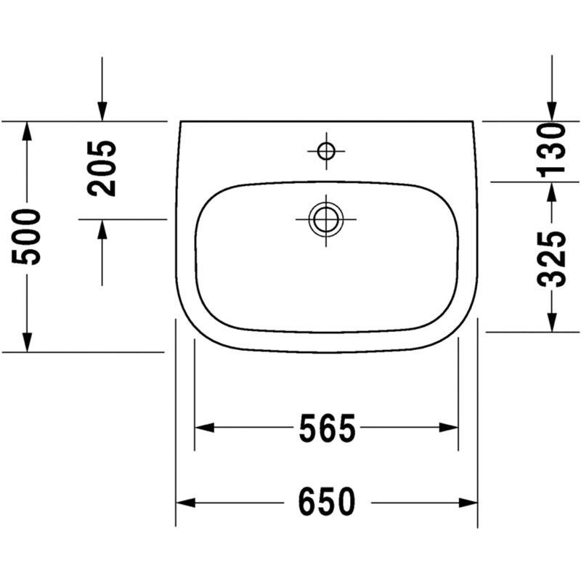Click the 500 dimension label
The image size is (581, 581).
(26, 237)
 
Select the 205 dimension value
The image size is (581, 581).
(102, 168)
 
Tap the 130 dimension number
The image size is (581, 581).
(552, 150)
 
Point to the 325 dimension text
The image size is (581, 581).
(552, 259)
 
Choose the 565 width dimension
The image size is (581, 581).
(328, 428)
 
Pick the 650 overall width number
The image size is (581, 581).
(327, 502)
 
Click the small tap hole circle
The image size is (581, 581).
(326, 151)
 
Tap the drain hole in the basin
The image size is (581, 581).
(326, 219)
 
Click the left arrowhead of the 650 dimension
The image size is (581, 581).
(185, 503)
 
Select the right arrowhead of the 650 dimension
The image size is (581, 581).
(468, 503)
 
